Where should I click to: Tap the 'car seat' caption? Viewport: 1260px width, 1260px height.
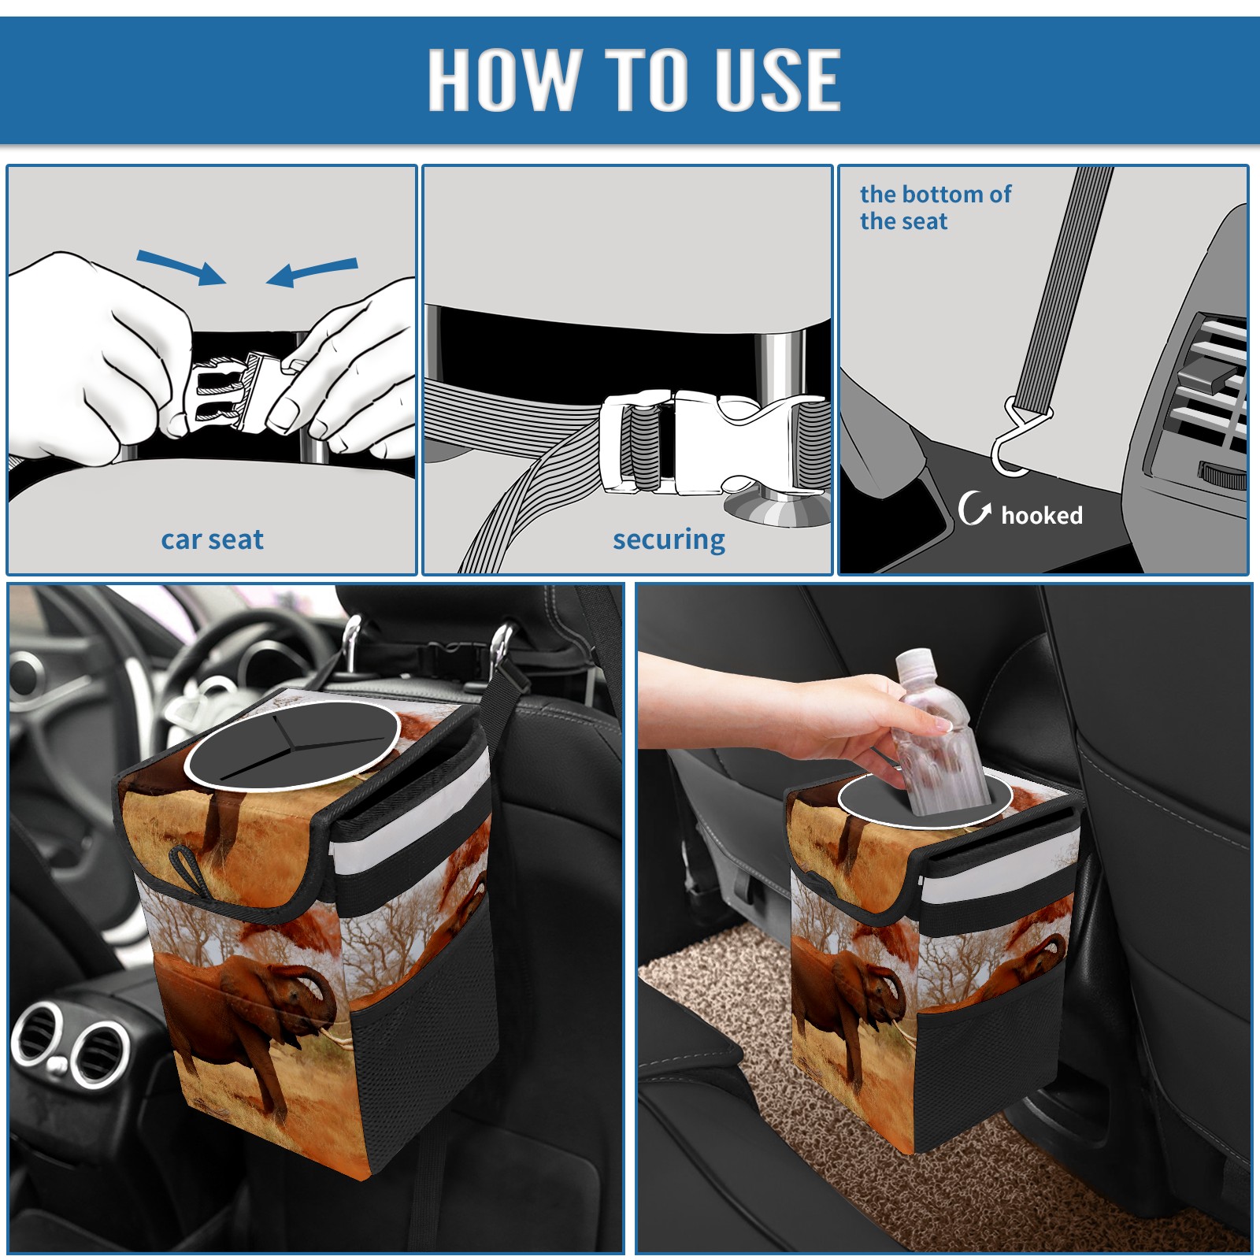(212, 539)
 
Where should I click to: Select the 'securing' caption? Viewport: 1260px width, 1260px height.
(669, 539)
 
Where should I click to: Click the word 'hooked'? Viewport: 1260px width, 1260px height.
(1042, 515)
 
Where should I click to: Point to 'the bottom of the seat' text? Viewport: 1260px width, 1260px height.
(935, 207)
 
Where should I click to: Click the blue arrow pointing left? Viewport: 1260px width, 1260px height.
(312, 272)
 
